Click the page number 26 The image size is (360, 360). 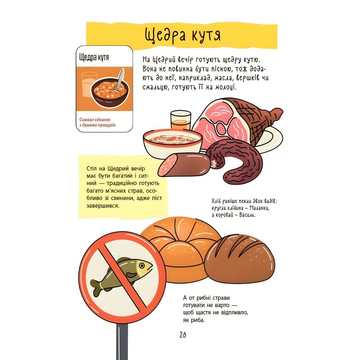click(183, 335)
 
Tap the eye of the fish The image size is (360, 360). click(142, 266)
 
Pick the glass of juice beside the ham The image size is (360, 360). click(181, 120)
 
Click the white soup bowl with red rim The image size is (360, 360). click(172, 144)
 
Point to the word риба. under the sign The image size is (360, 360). click(197, 320)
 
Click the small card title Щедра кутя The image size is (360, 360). click(94, 57)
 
